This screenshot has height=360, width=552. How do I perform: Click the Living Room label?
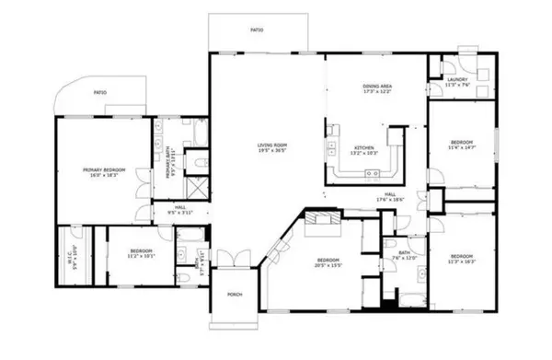pyautogui.click(x=272, y=146)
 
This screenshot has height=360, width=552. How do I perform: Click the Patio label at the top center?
pyautogui.click(x=258, y=30)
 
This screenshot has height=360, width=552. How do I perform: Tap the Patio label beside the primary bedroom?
pyautogui.click(x=99, y=93)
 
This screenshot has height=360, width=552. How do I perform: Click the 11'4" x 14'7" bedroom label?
pyautogui.click(x=460, y=145)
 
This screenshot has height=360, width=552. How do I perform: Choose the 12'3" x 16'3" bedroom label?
pyautogui.click(x=460, y=257)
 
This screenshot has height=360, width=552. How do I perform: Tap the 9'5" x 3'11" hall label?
pyautogui.click(x=180, y=210)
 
